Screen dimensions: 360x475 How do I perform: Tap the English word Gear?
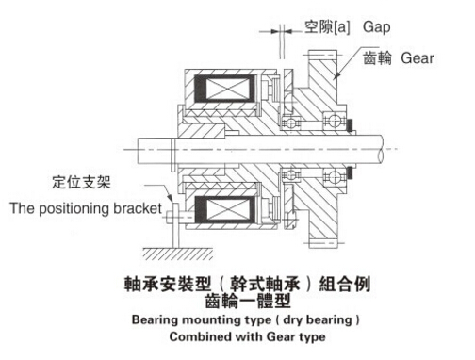point(417,58)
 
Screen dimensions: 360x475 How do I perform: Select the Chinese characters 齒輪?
point(379,58)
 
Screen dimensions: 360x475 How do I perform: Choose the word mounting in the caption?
point(213,320)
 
